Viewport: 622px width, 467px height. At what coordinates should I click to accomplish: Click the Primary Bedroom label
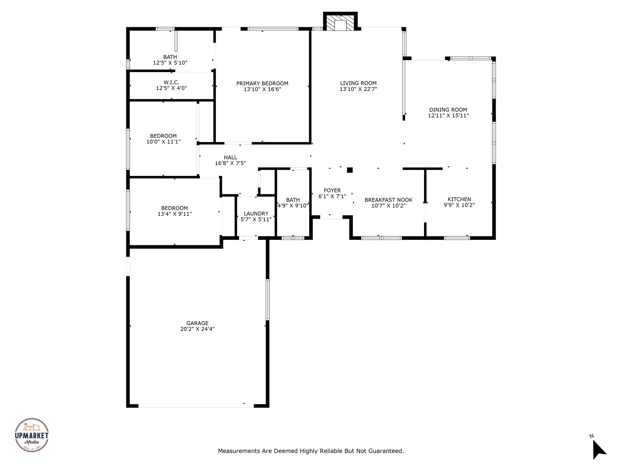pos(262,83)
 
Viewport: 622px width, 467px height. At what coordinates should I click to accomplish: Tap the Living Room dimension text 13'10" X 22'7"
pos(358,89)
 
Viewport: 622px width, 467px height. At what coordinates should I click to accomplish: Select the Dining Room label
pos(448,110)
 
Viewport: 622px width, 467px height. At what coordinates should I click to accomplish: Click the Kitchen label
pos(459,199)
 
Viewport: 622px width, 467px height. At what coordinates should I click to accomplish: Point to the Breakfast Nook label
pos(388,200)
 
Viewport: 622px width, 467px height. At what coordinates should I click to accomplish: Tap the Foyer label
pos(332,191)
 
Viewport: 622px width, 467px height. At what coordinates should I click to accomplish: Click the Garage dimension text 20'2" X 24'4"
pos(197,329)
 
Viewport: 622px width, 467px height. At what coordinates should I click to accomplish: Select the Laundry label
pos(256,214)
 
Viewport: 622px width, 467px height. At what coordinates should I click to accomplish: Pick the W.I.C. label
pos(171,82)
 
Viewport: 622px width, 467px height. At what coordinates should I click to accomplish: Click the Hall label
pos(230,157)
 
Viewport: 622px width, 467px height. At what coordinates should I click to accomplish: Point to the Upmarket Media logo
pos(32,434)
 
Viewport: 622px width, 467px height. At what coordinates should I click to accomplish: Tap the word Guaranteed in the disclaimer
pos(386,451)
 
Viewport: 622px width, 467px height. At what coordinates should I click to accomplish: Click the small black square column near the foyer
pos(350,170)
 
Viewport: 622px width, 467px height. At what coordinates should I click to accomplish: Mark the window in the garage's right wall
pos(268,299)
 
